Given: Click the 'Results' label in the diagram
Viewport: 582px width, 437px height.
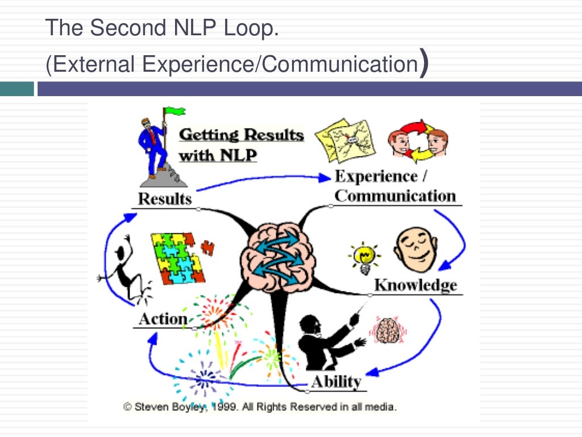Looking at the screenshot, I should pos(165,199).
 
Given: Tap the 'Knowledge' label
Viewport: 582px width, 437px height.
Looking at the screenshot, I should pos(415,285).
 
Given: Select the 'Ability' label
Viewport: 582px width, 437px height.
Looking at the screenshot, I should pos(335,381).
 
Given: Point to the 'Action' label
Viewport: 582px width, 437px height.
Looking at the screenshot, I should pos(163,319).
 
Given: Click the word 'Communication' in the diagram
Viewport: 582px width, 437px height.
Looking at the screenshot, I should pos(395,196).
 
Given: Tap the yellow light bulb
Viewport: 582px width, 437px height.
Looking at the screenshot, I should pos(364,256).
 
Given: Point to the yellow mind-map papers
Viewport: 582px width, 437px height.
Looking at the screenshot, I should pos(343,139).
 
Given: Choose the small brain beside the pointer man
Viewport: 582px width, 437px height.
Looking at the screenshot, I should pos(386,330).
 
